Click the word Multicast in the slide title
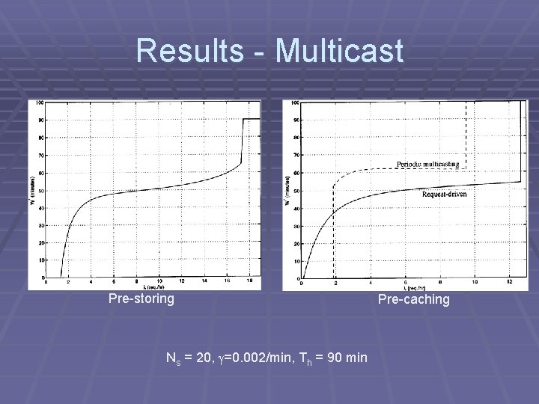[x=339, y=51]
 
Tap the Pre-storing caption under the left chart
[x=141, y=299]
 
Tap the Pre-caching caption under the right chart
[x=414, y=300]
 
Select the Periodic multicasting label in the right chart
[x=428, y=165]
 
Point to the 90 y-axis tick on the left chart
[x=41, y=120]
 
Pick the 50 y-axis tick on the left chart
[x=41, y=191]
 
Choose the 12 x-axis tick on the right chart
[x=509, y=282]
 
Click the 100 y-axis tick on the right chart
[x=294, y=102]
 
